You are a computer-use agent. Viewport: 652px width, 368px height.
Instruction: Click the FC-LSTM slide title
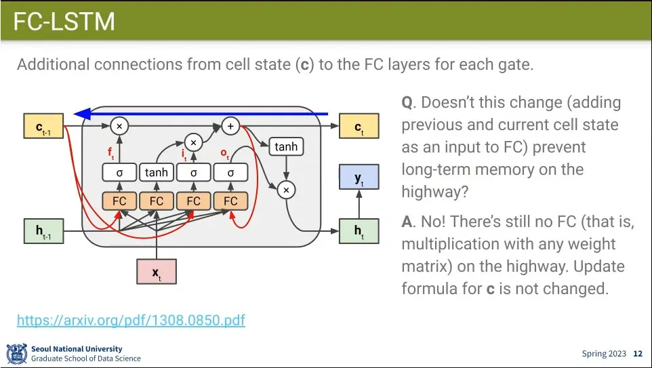click(64, 21)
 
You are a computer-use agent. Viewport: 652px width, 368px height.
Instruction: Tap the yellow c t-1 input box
click(43, 126)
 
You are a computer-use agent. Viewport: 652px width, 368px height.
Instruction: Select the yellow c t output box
click(359, 126)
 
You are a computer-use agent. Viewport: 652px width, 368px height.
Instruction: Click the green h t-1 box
click(43, 231)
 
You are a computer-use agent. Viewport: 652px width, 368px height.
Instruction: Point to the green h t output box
click(359, 231)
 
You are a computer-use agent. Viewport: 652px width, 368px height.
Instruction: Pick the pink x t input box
click(157, 272)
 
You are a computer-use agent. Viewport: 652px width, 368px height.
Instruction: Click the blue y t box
click(359, 177)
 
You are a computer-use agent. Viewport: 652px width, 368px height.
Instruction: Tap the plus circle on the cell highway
click(230, 126)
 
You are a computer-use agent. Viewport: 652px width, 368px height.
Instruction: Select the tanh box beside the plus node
click(286, 147)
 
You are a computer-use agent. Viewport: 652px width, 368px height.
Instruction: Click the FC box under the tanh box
click(157, 201)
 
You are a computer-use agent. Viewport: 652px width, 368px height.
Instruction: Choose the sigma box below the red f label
click(119, 172)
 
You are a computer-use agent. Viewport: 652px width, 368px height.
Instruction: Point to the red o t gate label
click(225, 155)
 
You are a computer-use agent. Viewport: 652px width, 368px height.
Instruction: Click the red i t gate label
click(184, 155)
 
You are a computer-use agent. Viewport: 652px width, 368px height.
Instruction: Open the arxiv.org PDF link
click(131, 320)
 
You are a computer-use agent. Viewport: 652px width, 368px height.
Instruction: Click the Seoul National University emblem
click(17, 354)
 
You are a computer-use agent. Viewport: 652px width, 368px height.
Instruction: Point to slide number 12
click(638, 354)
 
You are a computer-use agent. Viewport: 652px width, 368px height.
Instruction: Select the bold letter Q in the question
click(407, 102)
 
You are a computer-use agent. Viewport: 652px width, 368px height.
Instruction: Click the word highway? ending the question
click(435, 192)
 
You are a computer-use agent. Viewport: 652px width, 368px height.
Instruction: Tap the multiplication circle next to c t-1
click(119, 126)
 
